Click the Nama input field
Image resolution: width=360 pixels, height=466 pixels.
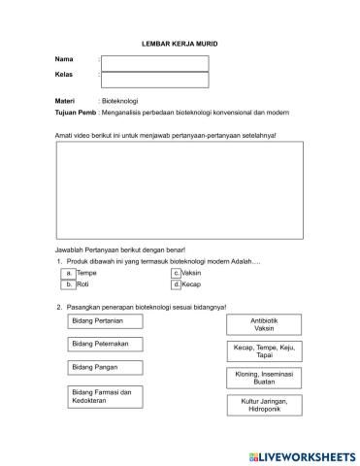[x=154, y=63]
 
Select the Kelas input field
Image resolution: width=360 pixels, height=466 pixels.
[x=154, y=80]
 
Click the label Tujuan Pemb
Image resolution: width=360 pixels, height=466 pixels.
[x=76, y=112]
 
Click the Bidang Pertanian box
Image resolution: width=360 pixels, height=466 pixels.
[x=105, y=321]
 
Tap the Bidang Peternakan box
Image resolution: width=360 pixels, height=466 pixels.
[x=105, y=345]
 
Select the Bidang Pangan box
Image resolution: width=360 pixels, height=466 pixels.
[x=105, y=368]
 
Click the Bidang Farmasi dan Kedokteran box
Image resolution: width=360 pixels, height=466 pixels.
[x=105, y=396]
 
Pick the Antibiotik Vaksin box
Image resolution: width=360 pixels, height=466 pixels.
[x=263, y=325]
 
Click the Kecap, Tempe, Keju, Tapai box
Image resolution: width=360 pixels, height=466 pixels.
[x=263, y=350]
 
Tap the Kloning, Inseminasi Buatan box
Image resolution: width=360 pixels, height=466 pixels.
[x=263, y=378]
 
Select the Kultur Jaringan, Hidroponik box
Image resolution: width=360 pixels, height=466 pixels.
[x=263, y=405]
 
